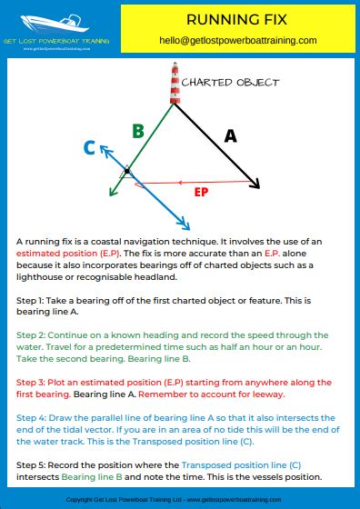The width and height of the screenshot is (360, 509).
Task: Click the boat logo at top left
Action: [55, 20]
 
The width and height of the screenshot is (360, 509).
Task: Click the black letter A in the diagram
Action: [230, 135]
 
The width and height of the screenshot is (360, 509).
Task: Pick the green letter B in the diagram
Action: [138, 131]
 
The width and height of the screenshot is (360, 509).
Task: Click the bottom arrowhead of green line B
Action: [111, 192]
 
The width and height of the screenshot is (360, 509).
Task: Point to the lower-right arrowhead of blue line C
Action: [185, 224]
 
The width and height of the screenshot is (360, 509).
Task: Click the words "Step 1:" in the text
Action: [32, 299]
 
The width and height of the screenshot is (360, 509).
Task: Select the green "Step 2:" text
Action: [33, 335]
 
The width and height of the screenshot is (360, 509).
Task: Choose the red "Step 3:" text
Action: [33, 382]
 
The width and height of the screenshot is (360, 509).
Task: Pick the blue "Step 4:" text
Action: [33, 417]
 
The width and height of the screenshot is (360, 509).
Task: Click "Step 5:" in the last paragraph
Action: [33, 464]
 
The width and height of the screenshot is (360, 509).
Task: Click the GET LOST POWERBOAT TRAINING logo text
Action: [56, 40]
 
